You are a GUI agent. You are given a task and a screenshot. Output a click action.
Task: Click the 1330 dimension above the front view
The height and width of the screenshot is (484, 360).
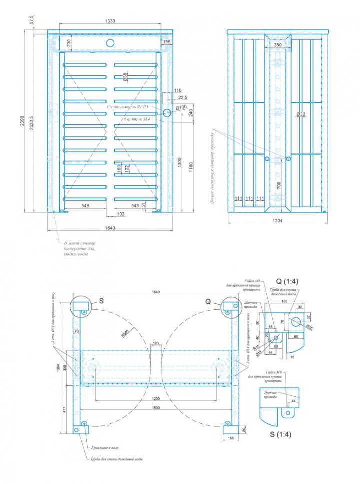110,21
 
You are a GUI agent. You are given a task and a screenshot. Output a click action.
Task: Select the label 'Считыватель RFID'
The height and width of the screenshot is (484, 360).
129,107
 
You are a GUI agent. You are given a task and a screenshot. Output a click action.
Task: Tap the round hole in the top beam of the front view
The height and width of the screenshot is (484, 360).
110,43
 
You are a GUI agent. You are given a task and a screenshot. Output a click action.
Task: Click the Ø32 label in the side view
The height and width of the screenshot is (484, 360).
300,115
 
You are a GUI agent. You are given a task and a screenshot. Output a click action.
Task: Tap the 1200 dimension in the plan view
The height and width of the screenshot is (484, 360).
156,399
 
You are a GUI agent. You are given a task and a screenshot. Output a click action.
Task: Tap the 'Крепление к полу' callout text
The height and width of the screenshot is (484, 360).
105,448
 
